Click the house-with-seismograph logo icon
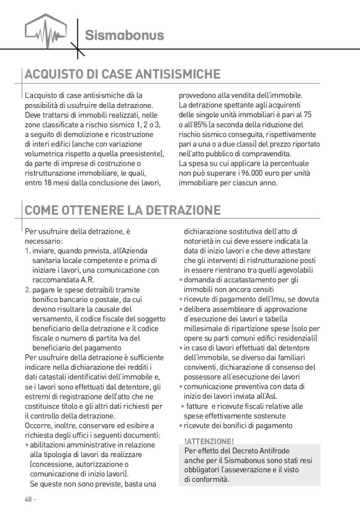pos(45,30)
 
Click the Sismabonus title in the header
pos(124,35)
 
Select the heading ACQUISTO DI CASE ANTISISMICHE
pos(118,74)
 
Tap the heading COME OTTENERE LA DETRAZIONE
pos(122,210)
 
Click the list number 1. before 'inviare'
pos(28,251)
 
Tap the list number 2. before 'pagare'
pos(28,289)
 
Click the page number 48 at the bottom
pos(29,499)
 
